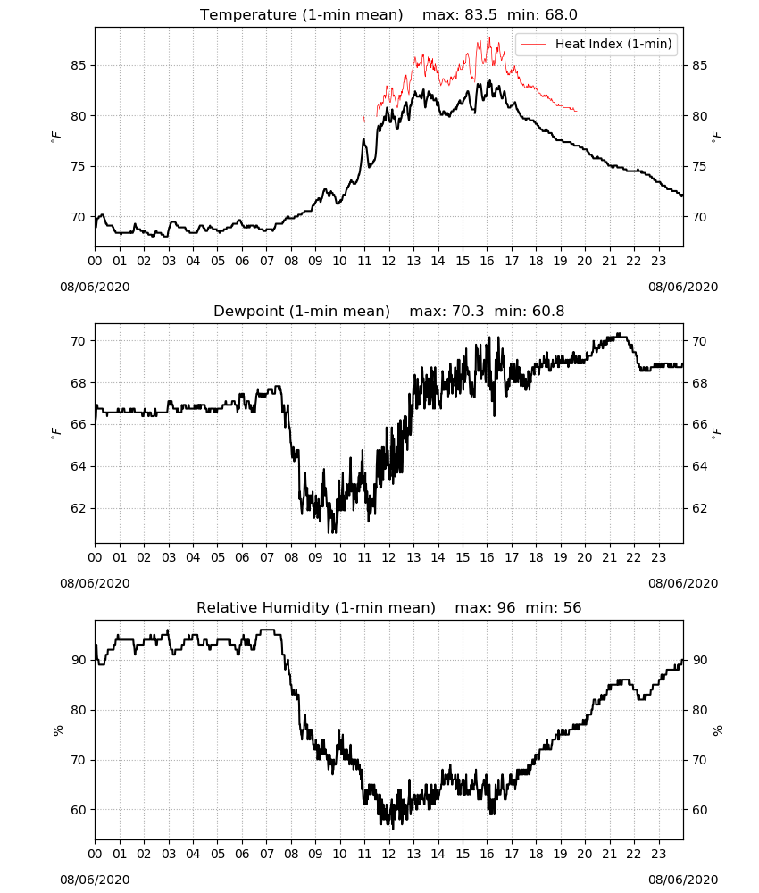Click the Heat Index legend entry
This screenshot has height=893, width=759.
[x=596, y=44]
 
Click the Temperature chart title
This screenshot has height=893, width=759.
[x=301, y=14]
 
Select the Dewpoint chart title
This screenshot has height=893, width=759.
[x=302, y=311]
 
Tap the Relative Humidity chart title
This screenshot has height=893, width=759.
[x=316, y=607]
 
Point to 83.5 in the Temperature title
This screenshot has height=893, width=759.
[x=480, y=14]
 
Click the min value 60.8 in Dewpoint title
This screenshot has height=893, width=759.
[x=548, y=311]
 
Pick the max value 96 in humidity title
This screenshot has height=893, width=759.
[x=505, y=607]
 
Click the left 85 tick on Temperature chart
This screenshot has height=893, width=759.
[x=79, y=65]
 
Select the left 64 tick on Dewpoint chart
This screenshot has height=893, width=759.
[x=79, y=466]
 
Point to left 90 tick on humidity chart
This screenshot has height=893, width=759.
[x=79, y=660]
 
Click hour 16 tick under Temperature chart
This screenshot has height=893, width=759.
[x=487, y=261]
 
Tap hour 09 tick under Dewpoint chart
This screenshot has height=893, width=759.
[x=315, y=557]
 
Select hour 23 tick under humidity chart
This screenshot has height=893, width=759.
[x=658, y=854]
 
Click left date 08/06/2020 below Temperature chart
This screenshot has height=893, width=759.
[x=95, y=287]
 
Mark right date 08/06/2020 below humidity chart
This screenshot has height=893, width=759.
[x=683, y=880]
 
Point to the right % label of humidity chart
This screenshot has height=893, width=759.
[x=717, y=730]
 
